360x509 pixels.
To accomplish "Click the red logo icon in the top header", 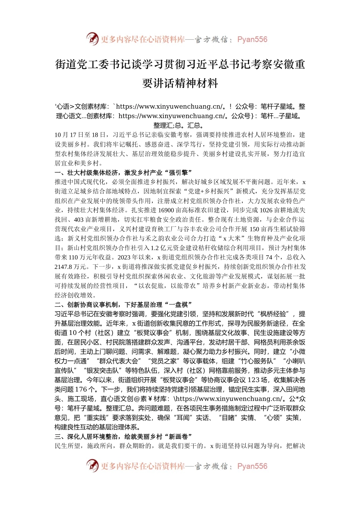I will click(92, 39).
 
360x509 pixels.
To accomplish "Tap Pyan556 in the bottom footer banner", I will click(252, 466).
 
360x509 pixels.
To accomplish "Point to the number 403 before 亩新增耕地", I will click(79, 220).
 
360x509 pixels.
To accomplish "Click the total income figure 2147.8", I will click(63, 267).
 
